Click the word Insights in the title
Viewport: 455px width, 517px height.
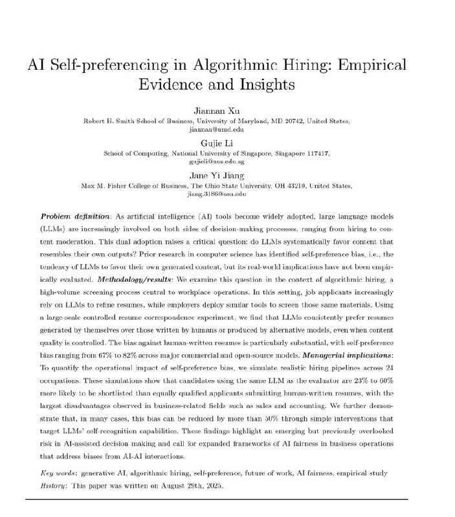point(273,85)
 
